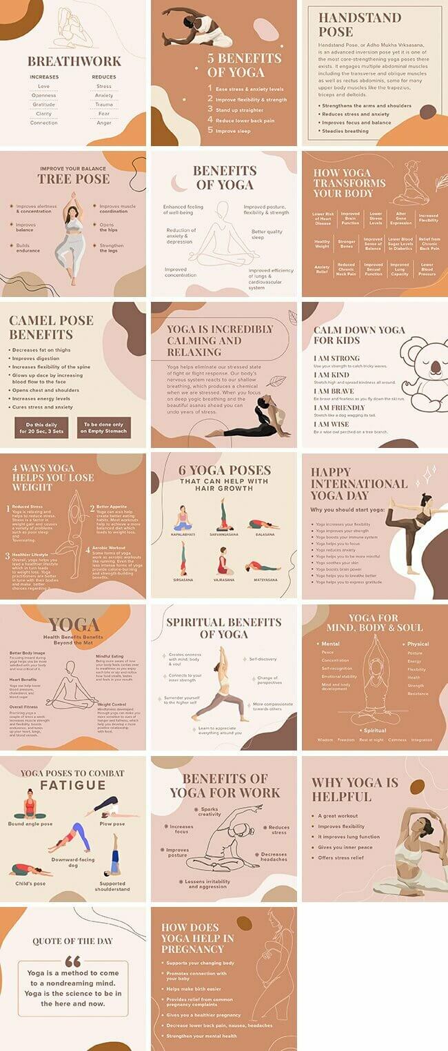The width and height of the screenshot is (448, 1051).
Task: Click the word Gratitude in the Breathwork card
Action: point(43,105)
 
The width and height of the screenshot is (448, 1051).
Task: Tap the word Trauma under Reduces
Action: point(104,105)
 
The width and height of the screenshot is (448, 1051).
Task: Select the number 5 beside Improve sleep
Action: point(210,130)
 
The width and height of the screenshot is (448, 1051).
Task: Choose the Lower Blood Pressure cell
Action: point(427,269)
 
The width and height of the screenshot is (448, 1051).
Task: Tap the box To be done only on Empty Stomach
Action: point(103,428)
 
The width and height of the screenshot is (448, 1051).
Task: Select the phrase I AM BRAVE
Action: point(333,391)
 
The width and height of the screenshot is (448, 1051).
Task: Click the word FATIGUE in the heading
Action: point(72,786)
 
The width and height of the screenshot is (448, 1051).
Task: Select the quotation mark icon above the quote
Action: point(72,961)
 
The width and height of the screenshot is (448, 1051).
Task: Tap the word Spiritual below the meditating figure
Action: point(375,731)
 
